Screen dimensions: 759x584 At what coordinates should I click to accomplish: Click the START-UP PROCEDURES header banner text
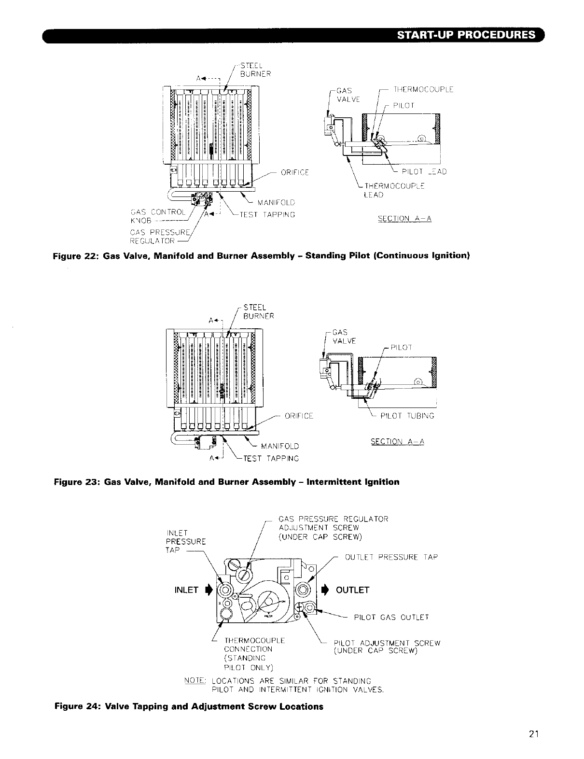tap(466, 35)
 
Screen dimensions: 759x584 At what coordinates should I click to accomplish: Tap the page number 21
tap(533, 734)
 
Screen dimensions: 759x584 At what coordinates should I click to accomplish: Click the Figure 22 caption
tap(261, 255)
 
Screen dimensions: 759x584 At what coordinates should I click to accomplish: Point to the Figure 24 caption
tap(189, 706)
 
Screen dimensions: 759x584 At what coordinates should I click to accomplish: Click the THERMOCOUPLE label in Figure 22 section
tap(423, 89)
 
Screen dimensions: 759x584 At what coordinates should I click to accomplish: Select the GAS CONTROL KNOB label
tap(157, 215)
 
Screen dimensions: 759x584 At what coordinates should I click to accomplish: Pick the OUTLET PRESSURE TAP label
tap(391, 557)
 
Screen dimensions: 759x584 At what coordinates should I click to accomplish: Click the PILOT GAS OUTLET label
tap(391, 617)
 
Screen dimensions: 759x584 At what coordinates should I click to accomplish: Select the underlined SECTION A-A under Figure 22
tap(404, 219)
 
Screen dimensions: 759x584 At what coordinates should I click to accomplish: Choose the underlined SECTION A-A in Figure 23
tap(397, 441)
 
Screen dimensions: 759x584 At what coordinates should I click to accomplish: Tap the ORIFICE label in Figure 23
tap(299, 416)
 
